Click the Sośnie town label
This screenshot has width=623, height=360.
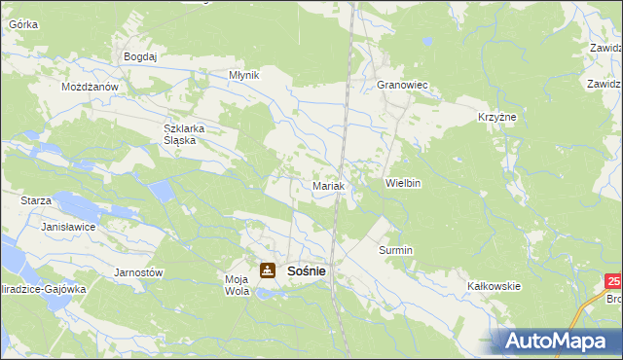(307, 271)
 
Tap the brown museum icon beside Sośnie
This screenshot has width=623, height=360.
(267, 270)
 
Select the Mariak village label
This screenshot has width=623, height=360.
(326, 185)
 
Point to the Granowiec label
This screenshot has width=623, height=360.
(403, 86)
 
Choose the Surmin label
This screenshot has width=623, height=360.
(396, 250)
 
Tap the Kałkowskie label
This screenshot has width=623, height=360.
(495, 286)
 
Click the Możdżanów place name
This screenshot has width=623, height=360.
(90, 87)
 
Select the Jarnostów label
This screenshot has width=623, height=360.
(138, 272)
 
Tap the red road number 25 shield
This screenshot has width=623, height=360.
(612, 281)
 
